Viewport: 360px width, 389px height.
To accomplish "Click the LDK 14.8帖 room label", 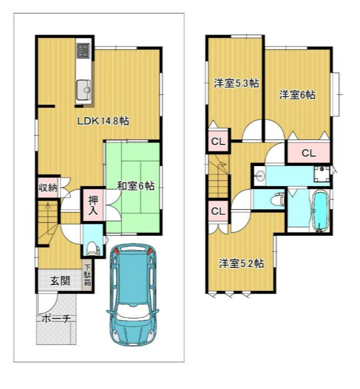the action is coord(103,121).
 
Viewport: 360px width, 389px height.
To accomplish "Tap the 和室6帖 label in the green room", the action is coord(135,186).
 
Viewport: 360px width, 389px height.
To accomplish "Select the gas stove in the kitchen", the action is coord(83,51).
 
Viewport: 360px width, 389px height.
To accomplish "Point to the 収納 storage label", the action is coord(48,188).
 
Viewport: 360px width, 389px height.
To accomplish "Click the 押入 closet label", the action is coord(93,205).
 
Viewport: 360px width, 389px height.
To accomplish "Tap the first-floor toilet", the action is coord(93,248).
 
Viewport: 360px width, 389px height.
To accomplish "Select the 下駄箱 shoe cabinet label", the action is coord(87,275).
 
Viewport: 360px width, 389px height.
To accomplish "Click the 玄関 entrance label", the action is coord(60,281).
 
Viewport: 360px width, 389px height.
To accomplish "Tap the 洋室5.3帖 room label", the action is coord(236,83).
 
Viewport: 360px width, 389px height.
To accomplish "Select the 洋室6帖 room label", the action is coord(297,95).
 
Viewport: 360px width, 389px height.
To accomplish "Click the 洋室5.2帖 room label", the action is coord(241,264).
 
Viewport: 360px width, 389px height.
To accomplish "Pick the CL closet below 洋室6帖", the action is coord(309,153).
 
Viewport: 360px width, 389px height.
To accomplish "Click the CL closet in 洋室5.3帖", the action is coord(218,141).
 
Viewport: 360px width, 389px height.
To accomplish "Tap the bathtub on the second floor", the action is coord(320,211).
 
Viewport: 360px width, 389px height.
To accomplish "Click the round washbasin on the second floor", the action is coord(261,177).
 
